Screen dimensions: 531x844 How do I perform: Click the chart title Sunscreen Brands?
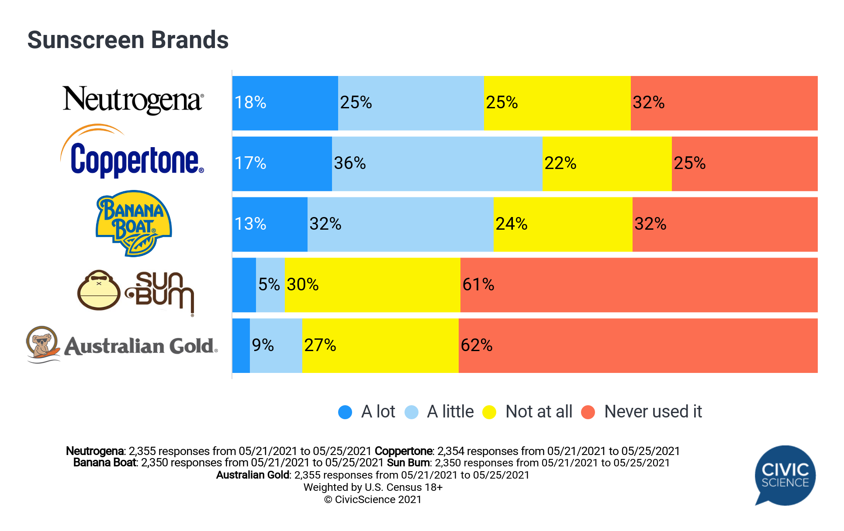[x=128, y=40]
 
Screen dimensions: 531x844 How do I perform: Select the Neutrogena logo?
[x=133, y=100]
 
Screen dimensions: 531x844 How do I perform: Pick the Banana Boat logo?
[x=133, y=223]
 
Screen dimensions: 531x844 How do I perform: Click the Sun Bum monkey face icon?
[x=99, y=290]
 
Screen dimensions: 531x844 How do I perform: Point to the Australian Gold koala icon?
[x=42, y=344]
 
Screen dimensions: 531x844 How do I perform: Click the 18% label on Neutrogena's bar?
[x=250, y=103]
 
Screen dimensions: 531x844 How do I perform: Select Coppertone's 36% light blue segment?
[x=437, y=164]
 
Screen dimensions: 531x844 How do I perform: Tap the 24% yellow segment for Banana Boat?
[x=563, y=224]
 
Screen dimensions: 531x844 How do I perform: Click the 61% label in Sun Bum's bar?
[x=478, y=285]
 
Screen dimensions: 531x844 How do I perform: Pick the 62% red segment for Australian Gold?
[x=638, y=346]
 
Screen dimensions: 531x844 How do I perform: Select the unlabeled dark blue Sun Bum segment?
[x=244, y=285]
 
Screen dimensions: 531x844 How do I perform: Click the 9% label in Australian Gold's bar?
[x=263, y=345]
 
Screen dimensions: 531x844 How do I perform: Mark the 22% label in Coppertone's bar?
[x=560, y=163]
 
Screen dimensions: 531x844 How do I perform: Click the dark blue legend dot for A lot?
[x=345, y=412]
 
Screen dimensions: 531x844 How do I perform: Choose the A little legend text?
[x=450, y=412]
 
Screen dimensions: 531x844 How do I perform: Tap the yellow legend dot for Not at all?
[x=489, y=412]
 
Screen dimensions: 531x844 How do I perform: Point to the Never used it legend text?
[x=653, y=412]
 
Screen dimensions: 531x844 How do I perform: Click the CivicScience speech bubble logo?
[x=785, y=475]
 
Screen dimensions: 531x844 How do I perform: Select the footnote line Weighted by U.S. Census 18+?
[x=373, y=487]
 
